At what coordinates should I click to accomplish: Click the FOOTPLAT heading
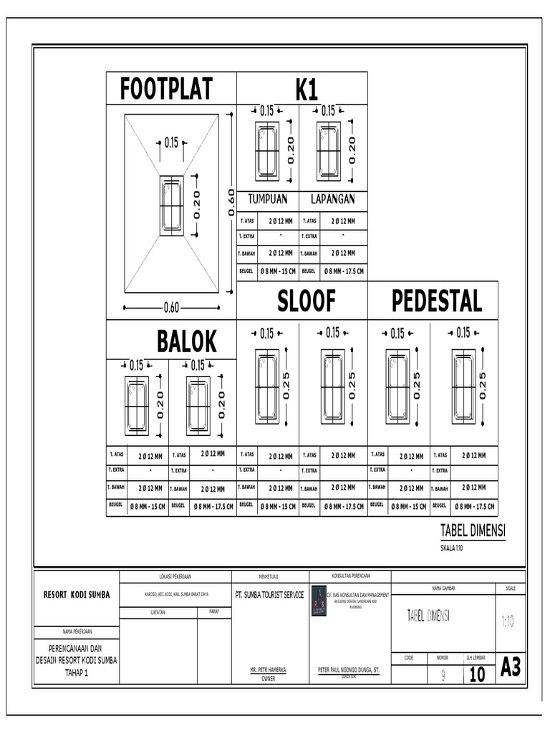(166, 89)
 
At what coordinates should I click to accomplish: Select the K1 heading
(306, 90)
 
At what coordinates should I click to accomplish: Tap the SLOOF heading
(306, 301)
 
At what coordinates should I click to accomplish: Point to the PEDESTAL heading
(437, 301)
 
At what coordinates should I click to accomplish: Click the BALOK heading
(187, 341)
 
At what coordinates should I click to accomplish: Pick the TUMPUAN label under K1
(267, 199)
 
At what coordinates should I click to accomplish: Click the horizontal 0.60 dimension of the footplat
(171, 309)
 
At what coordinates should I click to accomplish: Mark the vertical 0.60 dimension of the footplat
(231, 203)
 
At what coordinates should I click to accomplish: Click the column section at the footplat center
(171, 205)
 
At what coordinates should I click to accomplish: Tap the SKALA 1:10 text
(452, 548)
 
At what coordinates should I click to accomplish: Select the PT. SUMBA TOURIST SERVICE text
(269, 595)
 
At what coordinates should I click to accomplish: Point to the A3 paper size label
(511, 668)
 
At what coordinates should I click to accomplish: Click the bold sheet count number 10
(477, 674)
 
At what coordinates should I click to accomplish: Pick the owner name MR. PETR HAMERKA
(268, 670)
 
